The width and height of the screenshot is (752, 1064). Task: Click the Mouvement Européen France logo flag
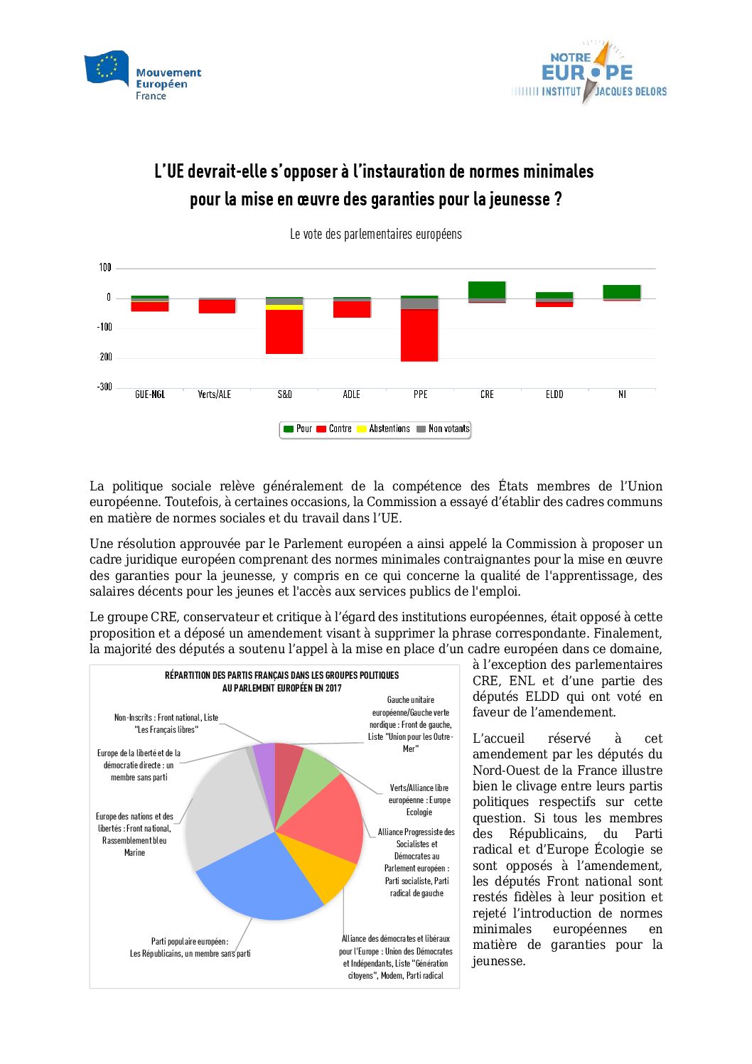(x=107, y=68)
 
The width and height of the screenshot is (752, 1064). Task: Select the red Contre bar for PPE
(x=419, y=335)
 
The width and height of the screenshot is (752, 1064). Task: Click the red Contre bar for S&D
(x=284, y=331)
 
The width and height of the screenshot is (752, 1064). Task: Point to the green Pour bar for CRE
(x=487, y=289)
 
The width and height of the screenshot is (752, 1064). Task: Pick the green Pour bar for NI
(x=622, y=291)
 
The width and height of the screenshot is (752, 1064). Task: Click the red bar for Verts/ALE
(x=217, y=306)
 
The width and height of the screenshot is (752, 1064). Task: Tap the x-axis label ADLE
(x=351, y=394)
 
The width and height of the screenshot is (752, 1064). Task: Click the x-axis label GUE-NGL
(x=150, y=394)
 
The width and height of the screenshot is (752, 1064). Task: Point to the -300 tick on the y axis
(x=104, y=387)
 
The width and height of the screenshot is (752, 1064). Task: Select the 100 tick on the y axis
(x=105, y=267)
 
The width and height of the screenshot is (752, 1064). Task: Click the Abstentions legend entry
(x=383, y=429)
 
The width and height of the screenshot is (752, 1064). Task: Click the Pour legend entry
(x=298, y=429)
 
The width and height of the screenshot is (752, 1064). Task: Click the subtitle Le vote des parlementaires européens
(x=375, y=234)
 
